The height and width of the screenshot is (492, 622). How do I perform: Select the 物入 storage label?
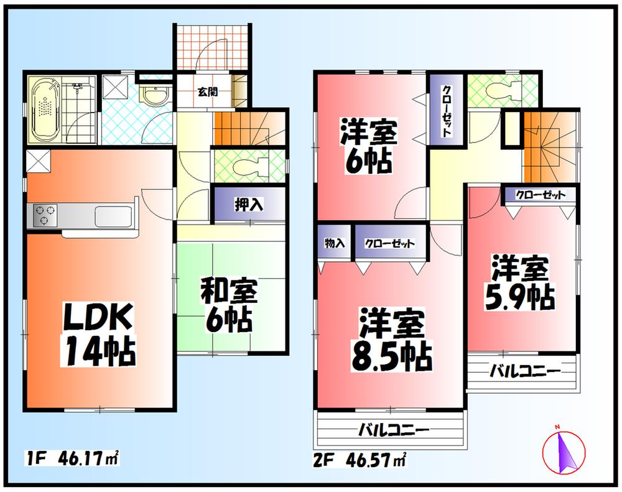[335, 243]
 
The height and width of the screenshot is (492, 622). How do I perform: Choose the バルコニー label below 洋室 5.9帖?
[524, 371]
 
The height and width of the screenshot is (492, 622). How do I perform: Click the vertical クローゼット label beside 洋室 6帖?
[447, 111]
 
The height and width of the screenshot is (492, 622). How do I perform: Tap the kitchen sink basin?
[114, 216]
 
